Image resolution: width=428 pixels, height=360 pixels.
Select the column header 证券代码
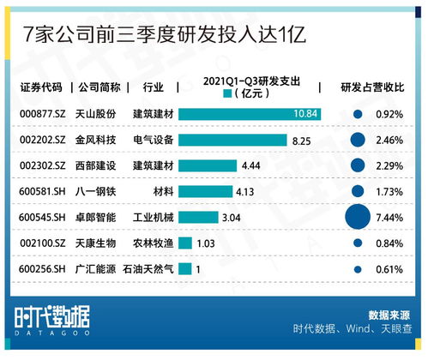pyautogui.click(x=39, y=87)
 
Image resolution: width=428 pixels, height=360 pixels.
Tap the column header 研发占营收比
pyautogui.click(x=373, y=87)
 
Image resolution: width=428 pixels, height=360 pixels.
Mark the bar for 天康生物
pyautogui.click(x=184, y=243)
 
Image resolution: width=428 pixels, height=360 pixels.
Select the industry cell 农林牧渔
pyautogui.click(x=152, y=243)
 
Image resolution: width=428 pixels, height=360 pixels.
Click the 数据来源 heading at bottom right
pyautogui.click(x=391, y=314)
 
